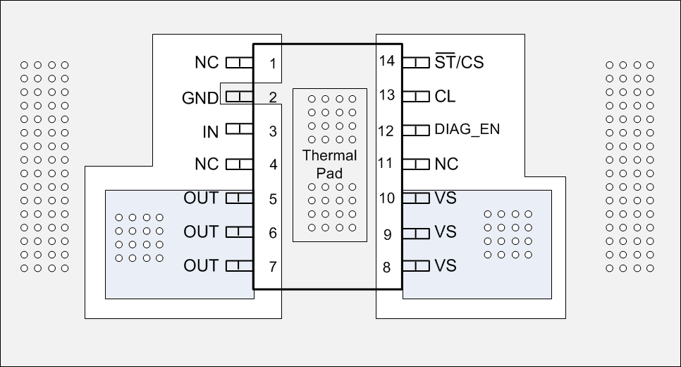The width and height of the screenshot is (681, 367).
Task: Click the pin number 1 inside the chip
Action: [272, 64]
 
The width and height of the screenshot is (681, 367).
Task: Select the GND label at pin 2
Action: [200, 98]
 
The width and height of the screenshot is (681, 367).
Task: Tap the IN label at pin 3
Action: [210, 132]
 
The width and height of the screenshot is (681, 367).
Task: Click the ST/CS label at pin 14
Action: [460, 61]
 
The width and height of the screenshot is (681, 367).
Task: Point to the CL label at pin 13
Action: [446, 95]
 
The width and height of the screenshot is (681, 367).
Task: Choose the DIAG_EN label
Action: [467, 130]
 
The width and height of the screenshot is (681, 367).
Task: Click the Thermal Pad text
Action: [330, 164]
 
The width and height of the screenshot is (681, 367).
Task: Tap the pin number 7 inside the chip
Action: [272, 267]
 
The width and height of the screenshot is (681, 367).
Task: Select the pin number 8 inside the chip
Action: [387, 267]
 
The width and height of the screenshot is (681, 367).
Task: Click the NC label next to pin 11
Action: [446, 164]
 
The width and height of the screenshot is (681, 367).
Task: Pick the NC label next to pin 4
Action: [207, 164]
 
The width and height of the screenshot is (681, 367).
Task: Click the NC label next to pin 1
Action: [207, 62]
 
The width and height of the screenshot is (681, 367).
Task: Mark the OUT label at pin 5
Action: [201, 198]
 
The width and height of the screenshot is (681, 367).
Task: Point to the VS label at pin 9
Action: [446, 231]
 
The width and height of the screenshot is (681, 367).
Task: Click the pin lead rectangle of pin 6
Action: [239, 231]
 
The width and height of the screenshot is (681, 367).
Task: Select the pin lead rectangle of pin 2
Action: [239, 97]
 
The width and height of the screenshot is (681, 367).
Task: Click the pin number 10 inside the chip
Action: [386, 198]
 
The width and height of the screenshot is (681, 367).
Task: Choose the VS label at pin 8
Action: [446, 266]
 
